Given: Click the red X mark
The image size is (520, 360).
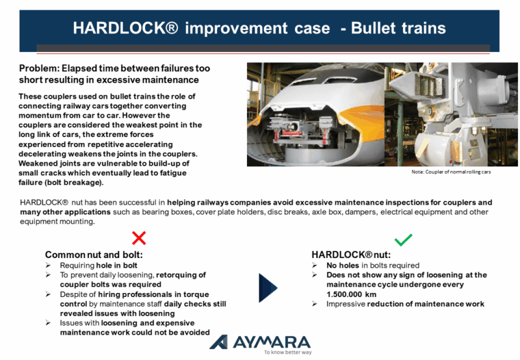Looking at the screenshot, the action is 138,238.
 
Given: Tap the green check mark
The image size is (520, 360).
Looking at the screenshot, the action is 403,240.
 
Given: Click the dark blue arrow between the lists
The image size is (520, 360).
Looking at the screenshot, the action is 268,288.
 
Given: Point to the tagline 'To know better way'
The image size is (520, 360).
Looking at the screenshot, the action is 288,352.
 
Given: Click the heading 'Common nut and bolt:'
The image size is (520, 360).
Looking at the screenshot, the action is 94,255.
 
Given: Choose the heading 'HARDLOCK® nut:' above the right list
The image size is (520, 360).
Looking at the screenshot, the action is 351,255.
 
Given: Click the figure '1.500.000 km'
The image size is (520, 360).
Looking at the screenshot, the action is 351,294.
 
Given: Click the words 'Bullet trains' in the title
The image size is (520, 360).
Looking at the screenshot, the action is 398,28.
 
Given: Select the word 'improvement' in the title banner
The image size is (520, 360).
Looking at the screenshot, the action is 237,28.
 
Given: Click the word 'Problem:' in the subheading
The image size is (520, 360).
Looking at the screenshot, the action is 39,68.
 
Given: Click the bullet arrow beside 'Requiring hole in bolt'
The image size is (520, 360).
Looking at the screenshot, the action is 48,265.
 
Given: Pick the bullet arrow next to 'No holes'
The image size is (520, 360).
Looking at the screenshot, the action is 315,265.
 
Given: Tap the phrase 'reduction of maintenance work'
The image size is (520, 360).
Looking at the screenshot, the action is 426,304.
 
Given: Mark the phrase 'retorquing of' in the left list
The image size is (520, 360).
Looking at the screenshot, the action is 181,275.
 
